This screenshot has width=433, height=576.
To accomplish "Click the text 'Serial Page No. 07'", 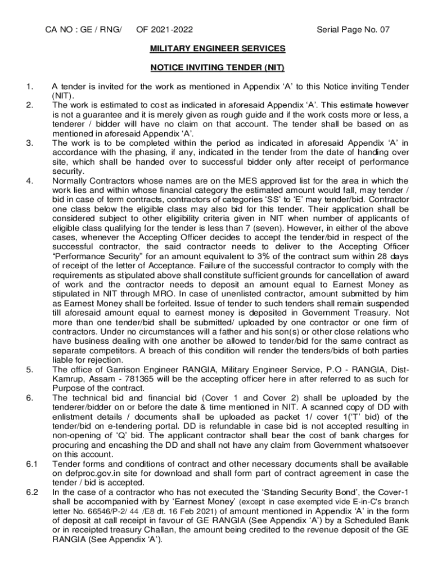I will pyautogui.click(x=353, y=30).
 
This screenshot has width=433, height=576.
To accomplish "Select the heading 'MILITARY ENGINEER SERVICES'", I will pyautogui.click(x=217, y=49).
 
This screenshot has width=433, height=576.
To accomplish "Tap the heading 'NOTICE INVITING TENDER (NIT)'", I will pyautogui.click(x=217, y=68).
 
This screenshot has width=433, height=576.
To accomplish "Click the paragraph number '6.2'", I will pyautogui.click(x=31, y=493).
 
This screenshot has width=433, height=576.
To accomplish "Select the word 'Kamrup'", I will pyautogui.click(x=66, y=379).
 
